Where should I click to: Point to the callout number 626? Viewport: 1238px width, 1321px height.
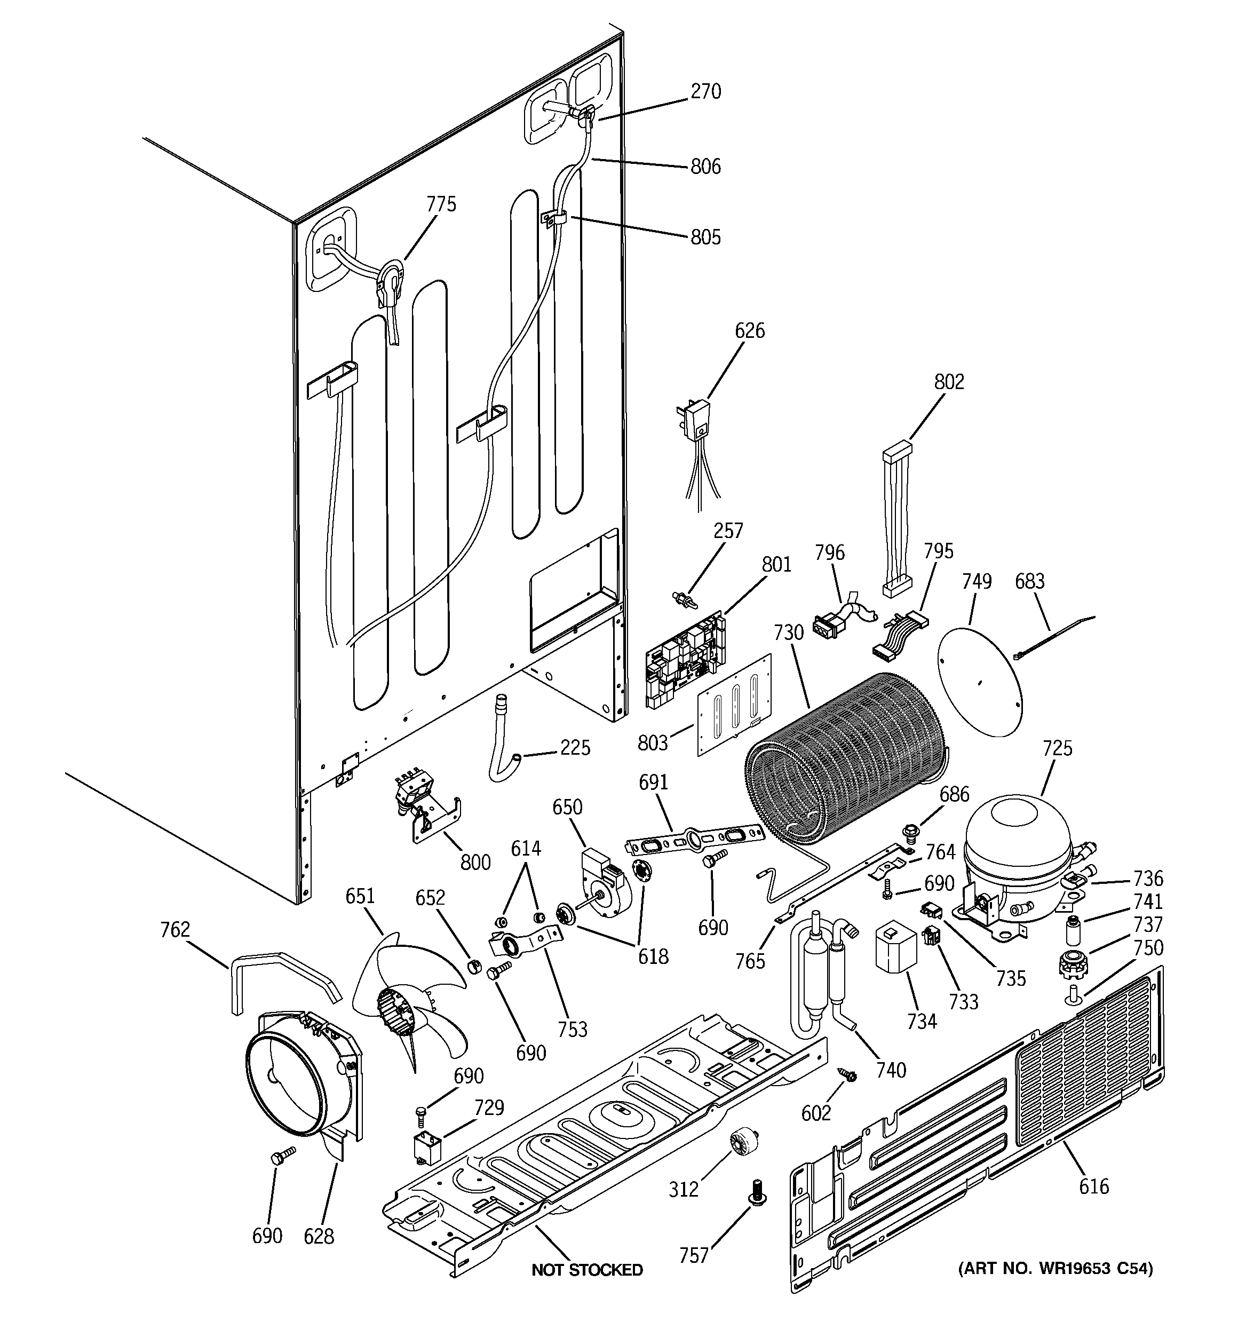pyautogui.click(x=750, y=330)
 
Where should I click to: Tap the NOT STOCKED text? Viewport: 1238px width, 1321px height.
pyautogui.click(x=587, y=1270)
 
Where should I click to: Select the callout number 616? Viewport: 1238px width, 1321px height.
pyautogui.click(x=1094, y=1186)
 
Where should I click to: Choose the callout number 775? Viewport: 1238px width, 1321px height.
pyautogui.click(x=441, y=204)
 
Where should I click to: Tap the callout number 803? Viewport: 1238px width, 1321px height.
pyautogui.click(x=652, y=743)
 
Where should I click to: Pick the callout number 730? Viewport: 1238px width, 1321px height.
pyautogui.click(x=789, y=632)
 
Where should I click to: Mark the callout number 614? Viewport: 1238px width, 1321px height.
pyautogui.click(x=526, y=849)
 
